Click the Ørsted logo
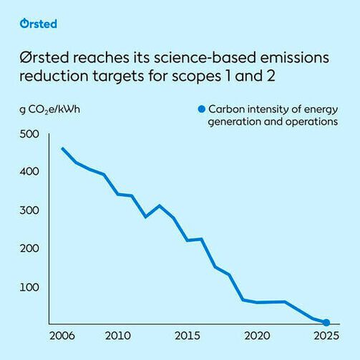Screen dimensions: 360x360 (x=39, y=24)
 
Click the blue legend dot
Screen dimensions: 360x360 (x=202, y=110)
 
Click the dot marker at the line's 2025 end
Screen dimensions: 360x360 (x=326, y=323)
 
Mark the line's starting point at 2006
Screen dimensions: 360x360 (x=62, y=148)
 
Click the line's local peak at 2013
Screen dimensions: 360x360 (x=160, y=205)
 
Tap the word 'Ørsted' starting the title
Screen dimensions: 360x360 (x=44, y=57)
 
